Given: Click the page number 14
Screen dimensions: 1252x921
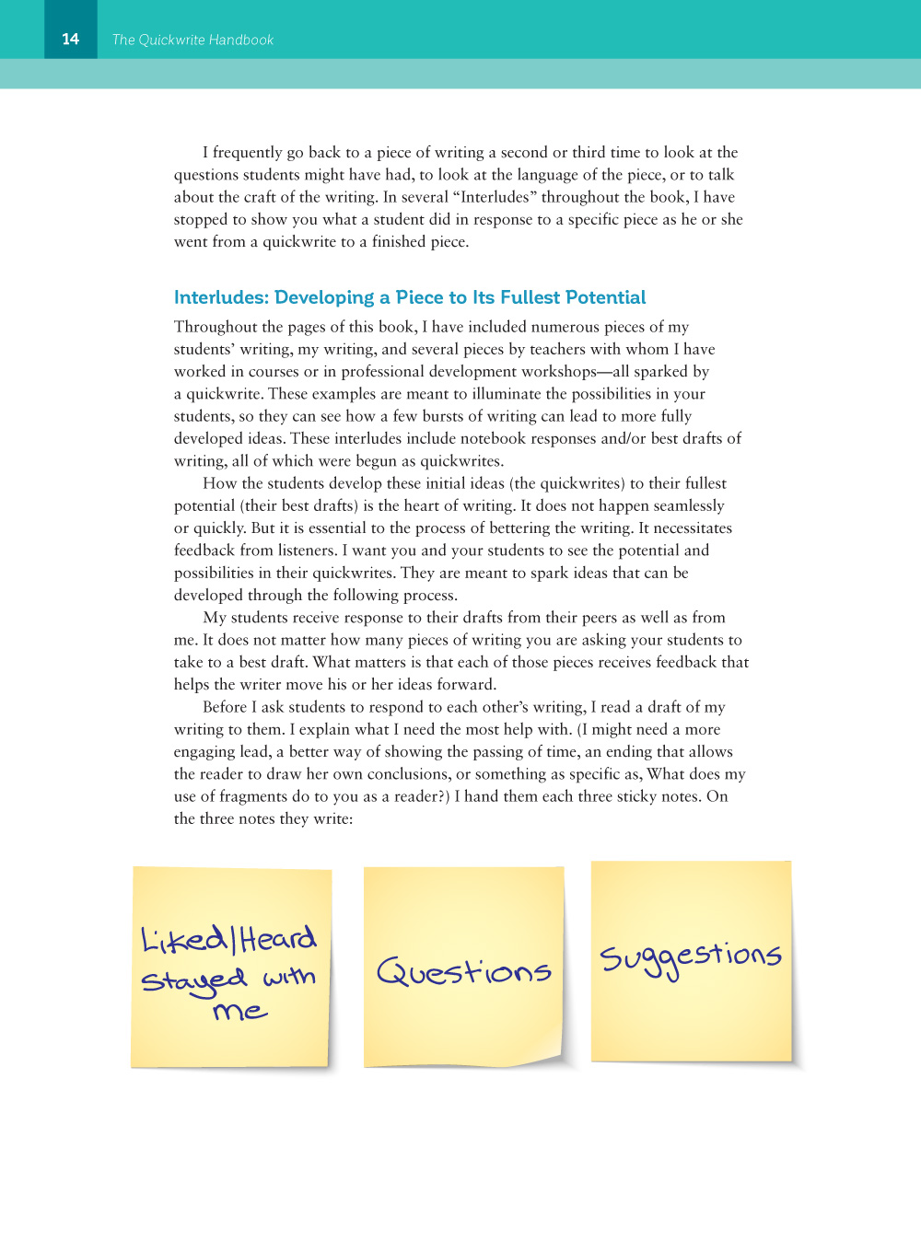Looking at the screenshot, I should point(71,39).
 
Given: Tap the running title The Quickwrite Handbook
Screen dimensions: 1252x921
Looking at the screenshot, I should point(192,40).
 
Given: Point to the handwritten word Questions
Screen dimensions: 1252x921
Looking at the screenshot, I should point(464,971).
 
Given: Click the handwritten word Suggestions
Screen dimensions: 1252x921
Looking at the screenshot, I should point(691,957).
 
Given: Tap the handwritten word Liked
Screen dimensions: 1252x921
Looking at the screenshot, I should point(183,940).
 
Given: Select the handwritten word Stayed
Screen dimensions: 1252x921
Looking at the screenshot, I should point(194,980).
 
